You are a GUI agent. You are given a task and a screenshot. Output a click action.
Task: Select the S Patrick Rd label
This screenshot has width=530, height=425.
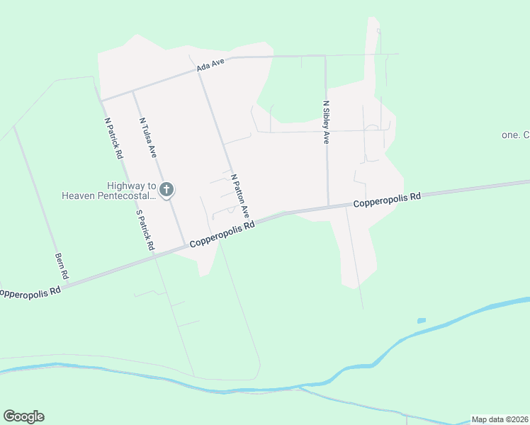coord(145,229)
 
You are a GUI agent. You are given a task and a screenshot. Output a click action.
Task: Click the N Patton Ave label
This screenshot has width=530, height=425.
coord(240,193)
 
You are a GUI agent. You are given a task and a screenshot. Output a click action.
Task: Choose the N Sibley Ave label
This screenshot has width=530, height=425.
coord(326,122)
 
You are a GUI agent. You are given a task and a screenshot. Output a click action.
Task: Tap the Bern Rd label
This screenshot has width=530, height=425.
coord(62,265)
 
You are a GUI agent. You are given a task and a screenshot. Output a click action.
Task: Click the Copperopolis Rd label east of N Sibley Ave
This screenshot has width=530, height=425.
coord(387,200)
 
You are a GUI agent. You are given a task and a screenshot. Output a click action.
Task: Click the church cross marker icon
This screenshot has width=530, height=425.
coord(167,189)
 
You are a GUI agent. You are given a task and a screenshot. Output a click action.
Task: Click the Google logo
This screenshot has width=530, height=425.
coord(23,416)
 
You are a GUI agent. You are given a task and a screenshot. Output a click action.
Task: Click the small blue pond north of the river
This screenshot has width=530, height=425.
coord(422,321)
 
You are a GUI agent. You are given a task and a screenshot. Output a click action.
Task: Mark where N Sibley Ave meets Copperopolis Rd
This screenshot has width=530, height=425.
coord(329,207)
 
